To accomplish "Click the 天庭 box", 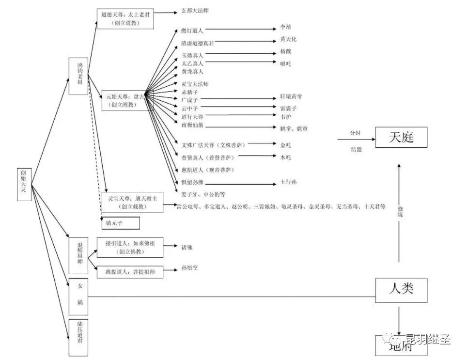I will pos(401,138).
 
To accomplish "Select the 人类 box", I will pos(401,290).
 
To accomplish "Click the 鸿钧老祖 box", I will pos(78,76).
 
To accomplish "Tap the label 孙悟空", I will pos(189,268).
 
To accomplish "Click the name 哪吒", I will pos(285,63).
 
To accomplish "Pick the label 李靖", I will pos(285,28).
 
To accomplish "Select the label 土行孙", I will pos(288,182).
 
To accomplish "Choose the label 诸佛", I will pos(186,247).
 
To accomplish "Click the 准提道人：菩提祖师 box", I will pos(129,272).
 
